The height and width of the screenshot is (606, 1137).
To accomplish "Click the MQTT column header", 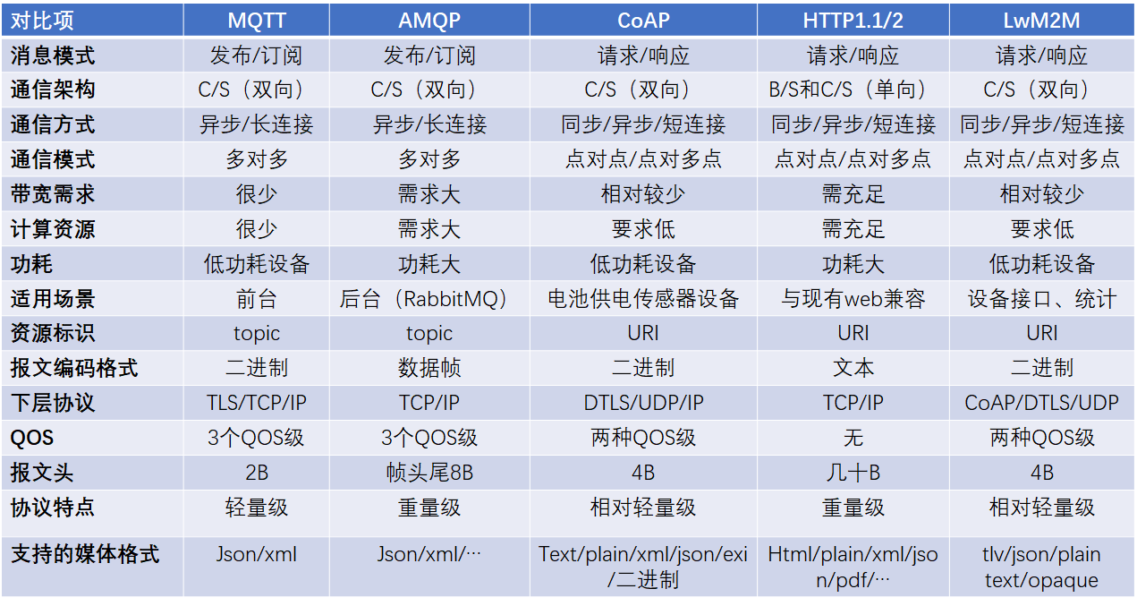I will tap(256, 20).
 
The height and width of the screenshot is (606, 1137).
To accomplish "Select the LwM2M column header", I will tap(1042, 20).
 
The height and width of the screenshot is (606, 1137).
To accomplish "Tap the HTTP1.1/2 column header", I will tap(853, 20).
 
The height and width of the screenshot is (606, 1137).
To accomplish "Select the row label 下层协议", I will tap(53, 403).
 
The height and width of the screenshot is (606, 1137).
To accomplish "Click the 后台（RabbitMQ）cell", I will tap(428, 299).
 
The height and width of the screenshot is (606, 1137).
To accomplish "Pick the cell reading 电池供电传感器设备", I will tap(643, 299).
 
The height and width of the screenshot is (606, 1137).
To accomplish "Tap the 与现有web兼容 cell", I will tap(853, 299).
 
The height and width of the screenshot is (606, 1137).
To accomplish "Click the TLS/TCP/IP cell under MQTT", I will tap(256, 403).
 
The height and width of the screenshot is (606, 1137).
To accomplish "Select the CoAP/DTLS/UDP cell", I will tap(1042, 403).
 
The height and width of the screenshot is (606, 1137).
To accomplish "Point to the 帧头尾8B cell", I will tap(428, 473).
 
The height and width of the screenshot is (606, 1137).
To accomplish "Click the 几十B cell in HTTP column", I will tap(853, 473).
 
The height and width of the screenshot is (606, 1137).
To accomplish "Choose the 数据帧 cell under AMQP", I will tap(428, 368).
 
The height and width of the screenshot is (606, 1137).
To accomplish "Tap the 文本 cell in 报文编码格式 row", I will tap(853, 368).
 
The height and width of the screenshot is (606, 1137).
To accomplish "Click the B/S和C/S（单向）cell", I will tap(853, 90).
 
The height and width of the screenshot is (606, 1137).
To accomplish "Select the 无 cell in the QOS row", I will tap(853, 438).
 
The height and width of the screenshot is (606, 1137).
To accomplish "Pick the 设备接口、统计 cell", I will tap(1042, 299).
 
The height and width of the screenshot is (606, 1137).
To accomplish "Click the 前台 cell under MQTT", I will tap(256, 299).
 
